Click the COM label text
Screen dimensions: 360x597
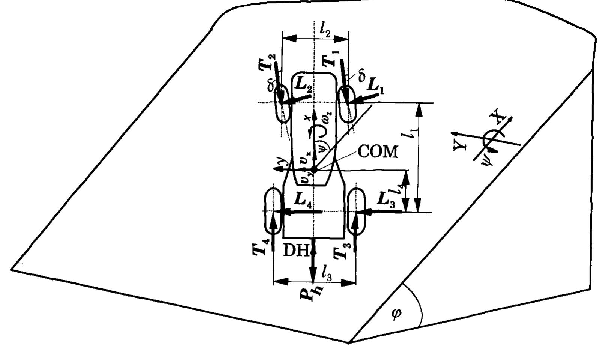378,152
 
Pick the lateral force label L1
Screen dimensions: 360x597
375,86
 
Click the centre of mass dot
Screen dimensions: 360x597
314,170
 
